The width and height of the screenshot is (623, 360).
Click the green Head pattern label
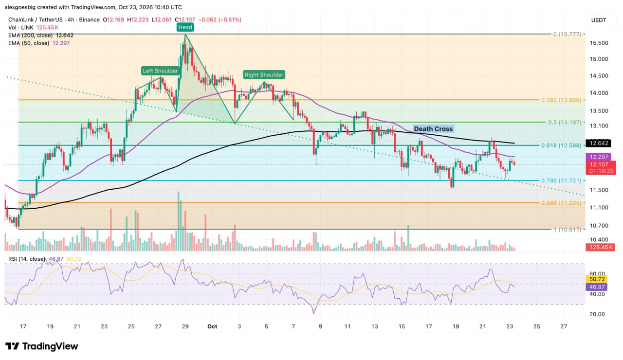(185, 27)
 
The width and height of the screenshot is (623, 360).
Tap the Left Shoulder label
(160, 71)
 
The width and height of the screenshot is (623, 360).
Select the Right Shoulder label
(264, 75)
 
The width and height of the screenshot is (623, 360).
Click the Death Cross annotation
(433, 129)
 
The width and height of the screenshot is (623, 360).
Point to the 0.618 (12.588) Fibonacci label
(561, 145)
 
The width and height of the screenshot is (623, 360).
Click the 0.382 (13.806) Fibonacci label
(561, 100)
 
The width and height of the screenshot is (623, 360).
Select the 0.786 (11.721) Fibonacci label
(561, 180)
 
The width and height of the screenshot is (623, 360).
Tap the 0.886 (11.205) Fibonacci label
(561, 203)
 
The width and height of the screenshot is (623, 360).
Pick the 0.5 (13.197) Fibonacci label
(565, 122)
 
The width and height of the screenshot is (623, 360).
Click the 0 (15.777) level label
(567, 34)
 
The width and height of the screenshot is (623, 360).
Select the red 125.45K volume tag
(601, 247)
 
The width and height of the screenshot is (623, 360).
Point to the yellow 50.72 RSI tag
(597, 279)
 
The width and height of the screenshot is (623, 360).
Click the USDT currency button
(599, 20)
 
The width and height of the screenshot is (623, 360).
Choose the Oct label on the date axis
(212, 326)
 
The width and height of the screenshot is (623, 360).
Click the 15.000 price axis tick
(599, 59)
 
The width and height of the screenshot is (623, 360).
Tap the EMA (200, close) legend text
(30, 36)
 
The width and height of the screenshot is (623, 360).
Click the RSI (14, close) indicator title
(26, 259)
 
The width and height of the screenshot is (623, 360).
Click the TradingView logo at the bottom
(42, 346)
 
